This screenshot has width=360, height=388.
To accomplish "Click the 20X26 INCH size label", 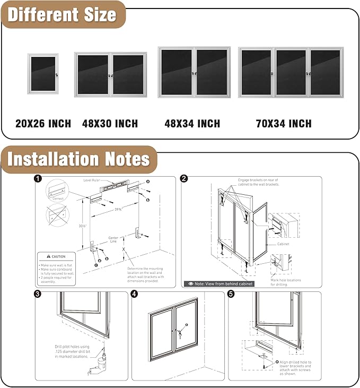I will [x=43, y=124].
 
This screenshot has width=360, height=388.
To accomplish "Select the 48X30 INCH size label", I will [x=110, y=124].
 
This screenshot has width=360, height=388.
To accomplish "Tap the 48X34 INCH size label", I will [x=192, y=124].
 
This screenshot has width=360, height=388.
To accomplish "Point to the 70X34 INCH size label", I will [x=284, y=124].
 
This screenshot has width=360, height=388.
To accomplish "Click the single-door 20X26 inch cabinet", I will [x=43, y=74].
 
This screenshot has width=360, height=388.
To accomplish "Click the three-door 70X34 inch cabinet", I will [x=291, y=72].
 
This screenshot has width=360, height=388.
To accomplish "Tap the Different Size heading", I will [x=62, y=14].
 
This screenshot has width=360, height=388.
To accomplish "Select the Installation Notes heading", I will [x=78, y=159].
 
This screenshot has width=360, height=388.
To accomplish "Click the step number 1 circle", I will [x=38, y=179].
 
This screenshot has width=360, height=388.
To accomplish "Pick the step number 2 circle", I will [x=183, y=179].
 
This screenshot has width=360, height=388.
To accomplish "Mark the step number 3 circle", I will [x=38, y=294].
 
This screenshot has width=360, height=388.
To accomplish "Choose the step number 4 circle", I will [x=134, y=294].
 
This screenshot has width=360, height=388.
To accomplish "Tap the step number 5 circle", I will [x=231, y=294].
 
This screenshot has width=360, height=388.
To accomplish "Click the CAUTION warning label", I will [x=55, y=256].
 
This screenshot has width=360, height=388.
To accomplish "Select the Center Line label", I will [x=113, y=240].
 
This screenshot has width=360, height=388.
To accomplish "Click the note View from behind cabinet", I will [x=219, y=283].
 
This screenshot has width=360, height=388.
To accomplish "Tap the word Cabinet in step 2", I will [x=285, y=245].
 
